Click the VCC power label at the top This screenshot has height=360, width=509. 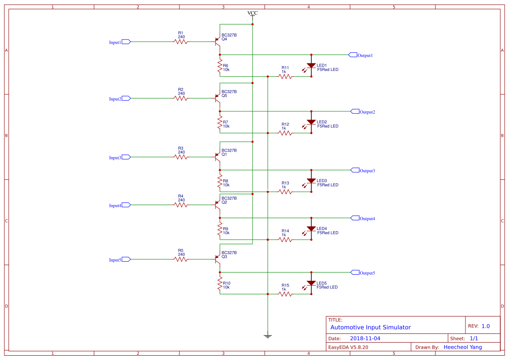253,13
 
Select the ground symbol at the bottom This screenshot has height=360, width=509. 268,336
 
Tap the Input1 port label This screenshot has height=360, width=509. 115,42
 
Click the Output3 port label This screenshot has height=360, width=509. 367,171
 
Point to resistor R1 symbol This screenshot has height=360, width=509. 181,42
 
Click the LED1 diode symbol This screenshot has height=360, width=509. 311,66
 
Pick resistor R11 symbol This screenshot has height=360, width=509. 285,76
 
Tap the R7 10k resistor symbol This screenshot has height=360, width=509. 220,122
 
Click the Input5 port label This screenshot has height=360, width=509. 115,260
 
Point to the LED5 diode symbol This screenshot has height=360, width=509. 311,283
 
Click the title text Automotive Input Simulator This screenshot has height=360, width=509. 370,327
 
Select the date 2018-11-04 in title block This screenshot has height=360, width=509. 365,338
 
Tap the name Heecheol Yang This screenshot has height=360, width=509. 463,347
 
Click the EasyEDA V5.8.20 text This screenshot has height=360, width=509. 348,347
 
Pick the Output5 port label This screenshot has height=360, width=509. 367,273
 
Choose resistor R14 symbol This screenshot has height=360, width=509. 285,239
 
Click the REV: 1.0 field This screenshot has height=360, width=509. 479,326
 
